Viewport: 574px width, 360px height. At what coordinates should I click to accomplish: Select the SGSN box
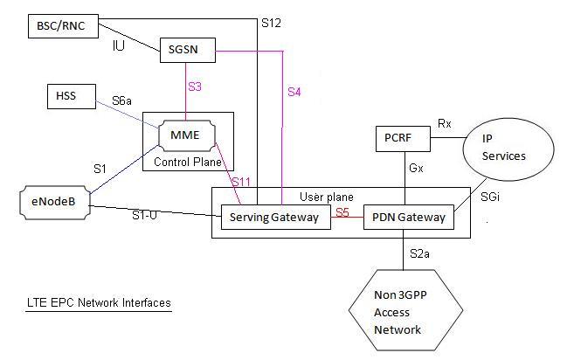(187, 52)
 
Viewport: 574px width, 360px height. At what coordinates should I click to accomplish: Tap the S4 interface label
(294, 93)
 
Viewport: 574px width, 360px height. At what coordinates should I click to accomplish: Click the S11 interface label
(240, 181)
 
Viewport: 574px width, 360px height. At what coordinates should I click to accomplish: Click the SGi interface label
(491, 199)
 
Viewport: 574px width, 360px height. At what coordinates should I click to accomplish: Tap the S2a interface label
(420, 254)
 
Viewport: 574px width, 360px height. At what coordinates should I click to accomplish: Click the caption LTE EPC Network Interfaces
(97, 302)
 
